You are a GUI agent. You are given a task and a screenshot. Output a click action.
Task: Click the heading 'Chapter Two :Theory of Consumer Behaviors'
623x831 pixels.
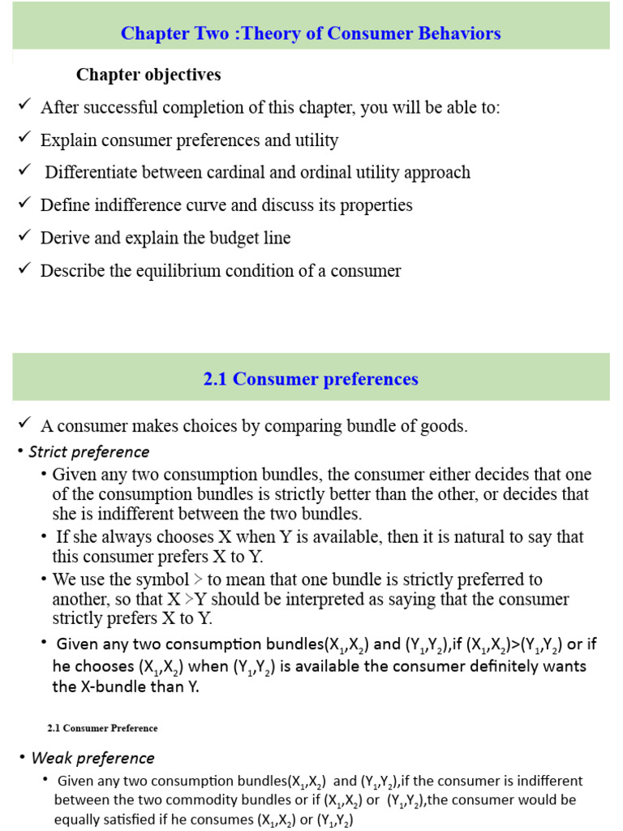(311, 33)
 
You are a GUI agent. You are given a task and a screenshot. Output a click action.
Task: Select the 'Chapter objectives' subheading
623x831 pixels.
(148, 75)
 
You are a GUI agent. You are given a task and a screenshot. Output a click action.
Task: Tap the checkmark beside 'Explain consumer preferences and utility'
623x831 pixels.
(24, 139)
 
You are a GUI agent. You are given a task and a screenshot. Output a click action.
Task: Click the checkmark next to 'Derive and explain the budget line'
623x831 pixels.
(24, 236)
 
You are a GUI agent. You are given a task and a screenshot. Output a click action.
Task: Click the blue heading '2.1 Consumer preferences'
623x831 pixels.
(311, 379)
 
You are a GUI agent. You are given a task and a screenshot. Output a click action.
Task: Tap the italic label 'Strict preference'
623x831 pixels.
(89, 451)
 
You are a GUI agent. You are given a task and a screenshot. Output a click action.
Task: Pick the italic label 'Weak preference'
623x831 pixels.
(92, 758)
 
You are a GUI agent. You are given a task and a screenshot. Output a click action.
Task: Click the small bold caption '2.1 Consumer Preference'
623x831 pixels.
(102, 728)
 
